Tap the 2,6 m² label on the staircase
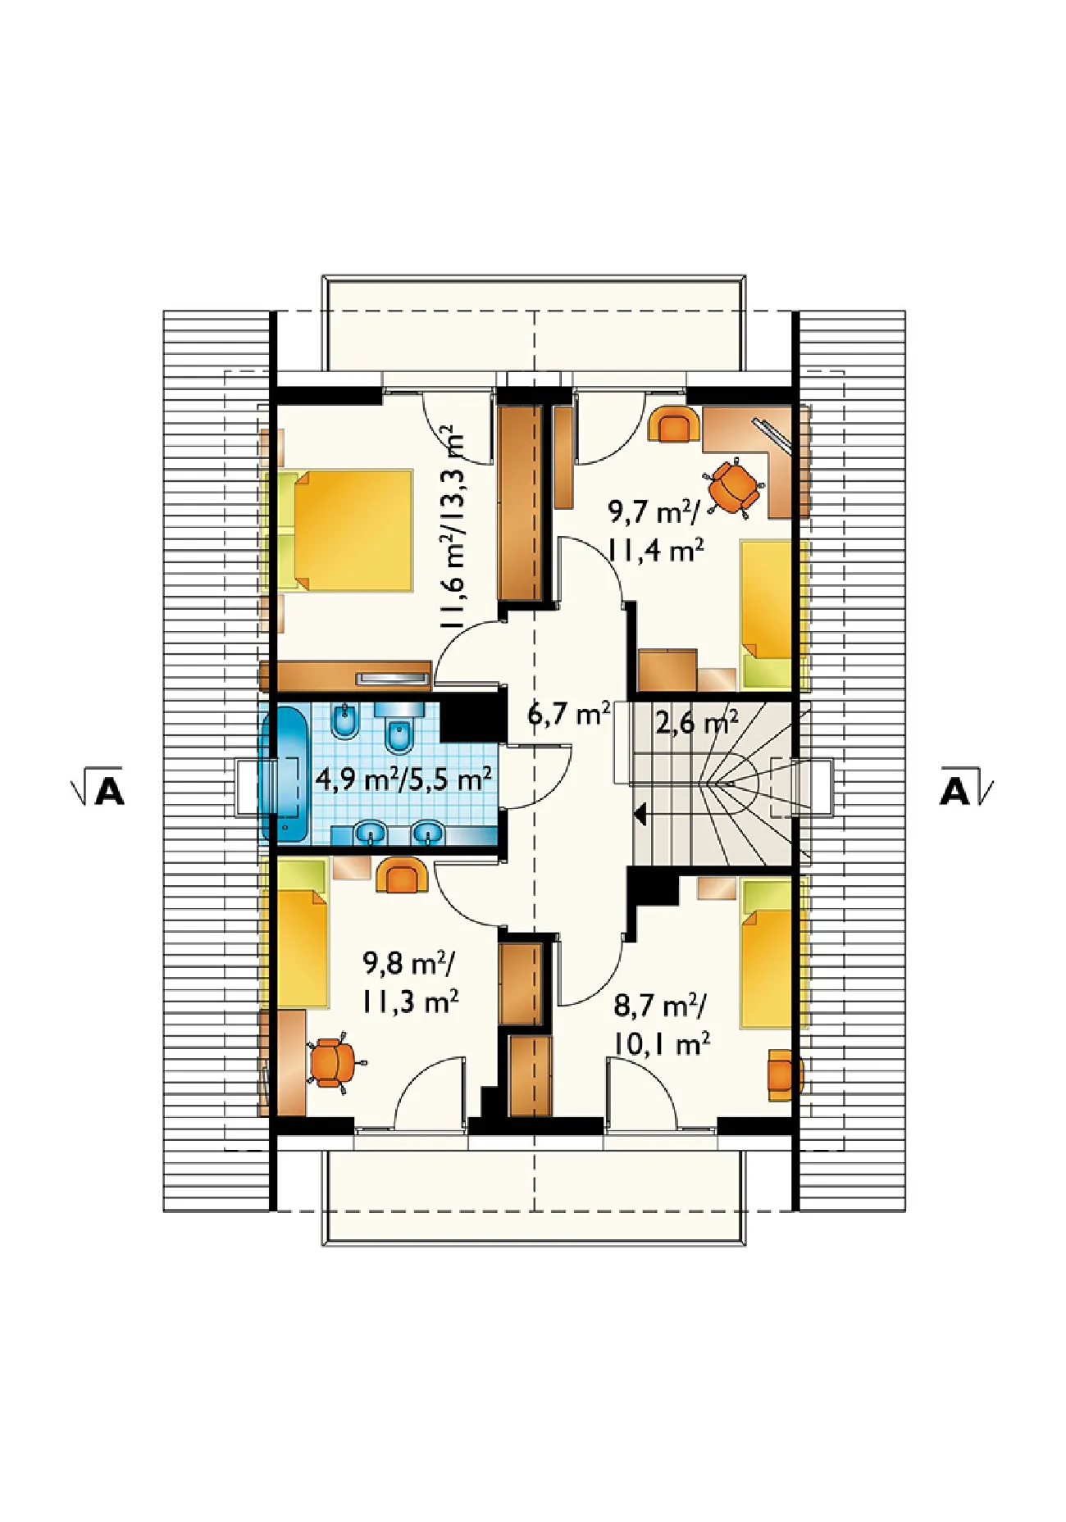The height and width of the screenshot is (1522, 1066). tap(696, 722)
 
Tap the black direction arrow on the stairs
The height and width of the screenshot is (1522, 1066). tap(640, 815)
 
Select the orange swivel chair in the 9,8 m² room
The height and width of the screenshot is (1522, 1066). tap(335, 1063)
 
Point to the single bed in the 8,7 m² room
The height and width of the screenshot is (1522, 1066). tap(767, 953)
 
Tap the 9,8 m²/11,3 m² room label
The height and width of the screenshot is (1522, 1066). tap(410, 982)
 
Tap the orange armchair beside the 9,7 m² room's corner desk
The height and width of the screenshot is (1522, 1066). tap(674, 425)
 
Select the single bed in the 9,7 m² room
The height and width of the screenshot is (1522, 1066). tap(767, 614)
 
